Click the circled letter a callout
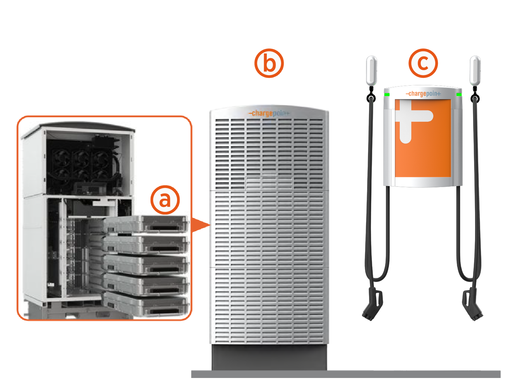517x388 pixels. pyautogui.click(x=165, y=200)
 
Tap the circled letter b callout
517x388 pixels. pyautogui.click(x=269, y=63)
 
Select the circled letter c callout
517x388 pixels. pyautogui.click(x=423, y=63)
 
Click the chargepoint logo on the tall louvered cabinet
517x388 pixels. pyautogui.click(x=269, y=113)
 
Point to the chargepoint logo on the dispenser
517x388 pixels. pyautogui.click(x=423, y=94)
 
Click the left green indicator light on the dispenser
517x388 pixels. pyautogui.click(x=387, y=95)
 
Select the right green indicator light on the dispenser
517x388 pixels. pyautogui.click(x=459, y=94)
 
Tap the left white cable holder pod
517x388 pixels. pyautogui.click(x=372, y=70)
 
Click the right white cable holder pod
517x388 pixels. pyautogui.click(x=475, y=70)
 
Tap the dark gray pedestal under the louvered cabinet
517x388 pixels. pyautogui.click(x=269, y=357)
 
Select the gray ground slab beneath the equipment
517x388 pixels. pyautogui.click(x=346, y=374)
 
